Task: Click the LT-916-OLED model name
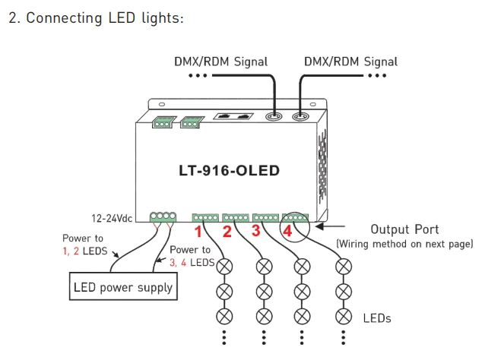(x=230, y=171)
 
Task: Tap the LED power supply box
(x=123, y=286)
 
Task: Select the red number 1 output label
(x=198, y=232)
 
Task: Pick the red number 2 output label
(x=227, y=232)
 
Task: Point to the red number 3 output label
(x=255, y=231)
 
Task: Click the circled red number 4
(x=287, y=231)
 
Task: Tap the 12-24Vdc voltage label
(x=112, y=219)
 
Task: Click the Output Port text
(x=404, y=229)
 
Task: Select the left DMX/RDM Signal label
(x=221, y=62)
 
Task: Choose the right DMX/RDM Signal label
(x=350, y=62)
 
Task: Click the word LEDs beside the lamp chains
(x=377, y=318)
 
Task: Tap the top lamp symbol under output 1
(x=224, y=267)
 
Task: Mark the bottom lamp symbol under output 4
(x=344, y=317)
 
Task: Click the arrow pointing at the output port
(x=330, y=226)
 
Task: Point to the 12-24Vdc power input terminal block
(x=163, y=216)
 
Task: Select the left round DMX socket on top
(x=274, y=117)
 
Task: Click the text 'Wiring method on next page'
(x=404, y=244)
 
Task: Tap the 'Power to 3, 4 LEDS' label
(x=192, y=256)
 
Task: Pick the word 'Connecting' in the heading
(x=65, y=18)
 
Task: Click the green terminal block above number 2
(x=236, y=217)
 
